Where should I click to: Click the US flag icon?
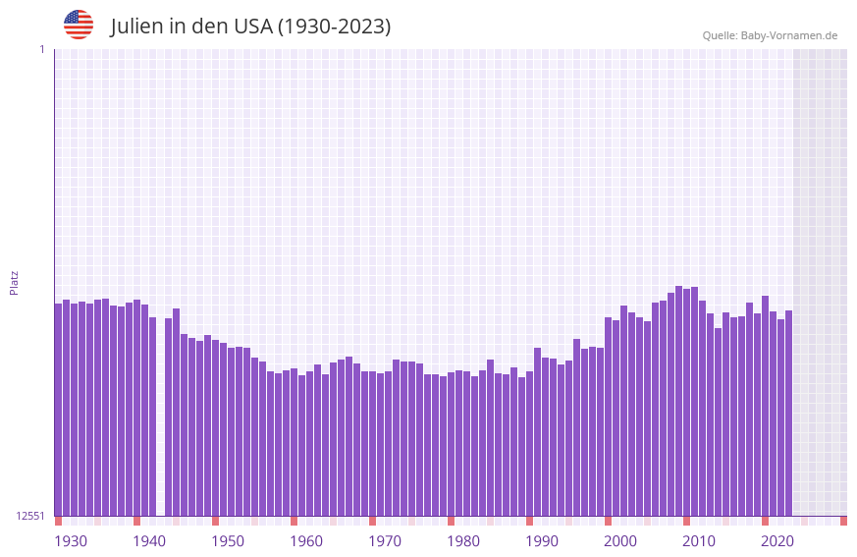point(79,25)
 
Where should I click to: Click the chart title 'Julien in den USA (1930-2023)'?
point(250,27)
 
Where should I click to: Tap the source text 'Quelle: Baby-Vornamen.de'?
point(770,35)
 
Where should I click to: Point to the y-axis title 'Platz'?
point(14,282)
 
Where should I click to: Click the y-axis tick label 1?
point(41,49)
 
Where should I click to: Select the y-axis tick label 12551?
point(29,516)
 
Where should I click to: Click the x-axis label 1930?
point(71,541)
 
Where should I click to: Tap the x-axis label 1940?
point(149,541)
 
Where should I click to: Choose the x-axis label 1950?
point(228,541)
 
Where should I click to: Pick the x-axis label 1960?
point(306,541)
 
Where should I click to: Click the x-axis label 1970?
point(385,541)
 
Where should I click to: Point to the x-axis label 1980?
point(463,541)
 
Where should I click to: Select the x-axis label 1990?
point(542,541)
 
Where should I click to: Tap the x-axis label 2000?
point(620,541)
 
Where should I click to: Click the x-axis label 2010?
point(699,541)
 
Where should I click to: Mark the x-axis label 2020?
point(777,541)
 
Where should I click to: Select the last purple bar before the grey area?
point(788,413)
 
